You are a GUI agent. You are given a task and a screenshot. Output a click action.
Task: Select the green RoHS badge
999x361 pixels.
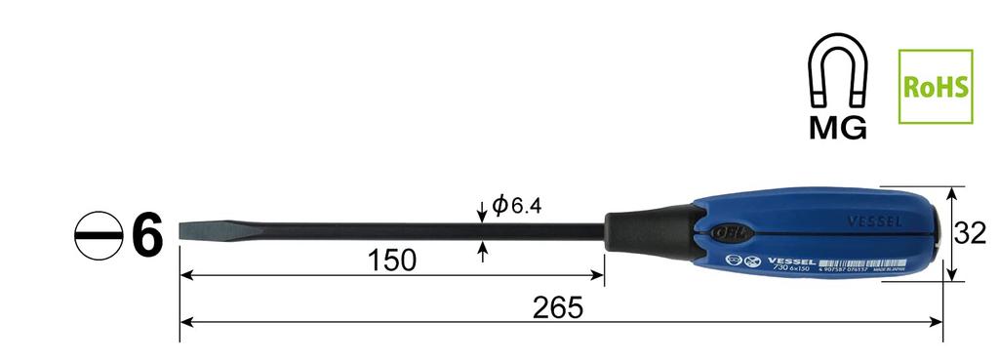936,88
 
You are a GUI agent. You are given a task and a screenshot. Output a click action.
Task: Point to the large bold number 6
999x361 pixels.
146,237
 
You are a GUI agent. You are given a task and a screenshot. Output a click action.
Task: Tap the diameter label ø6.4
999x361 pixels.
516,206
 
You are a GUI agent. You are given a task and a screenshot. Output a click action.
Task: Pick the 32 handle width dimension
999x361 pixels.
970,233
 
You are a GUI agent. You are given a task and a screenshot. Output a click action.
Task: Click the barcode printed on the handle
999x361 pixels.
859,263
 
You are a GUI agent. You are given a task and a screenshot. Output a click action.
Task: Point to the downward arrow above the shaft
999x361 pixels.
482,212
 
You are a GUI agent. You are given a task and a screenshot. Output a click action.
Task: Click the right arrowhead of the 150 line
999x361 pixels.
598,276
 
